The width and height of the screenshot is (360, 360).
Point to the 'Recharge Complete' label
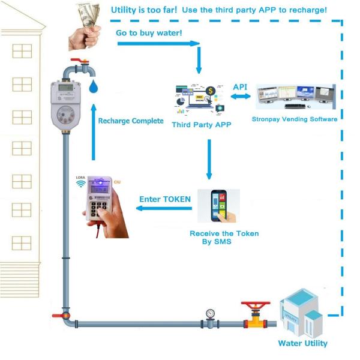pos(131,121)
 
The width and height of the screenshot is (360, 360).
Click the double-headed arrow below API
pos(240,98)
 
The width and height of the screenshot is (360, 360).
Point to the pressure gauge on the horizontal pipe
pos(209,314)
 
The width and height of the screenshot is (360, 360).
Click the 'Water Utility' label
pos(302,343)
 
